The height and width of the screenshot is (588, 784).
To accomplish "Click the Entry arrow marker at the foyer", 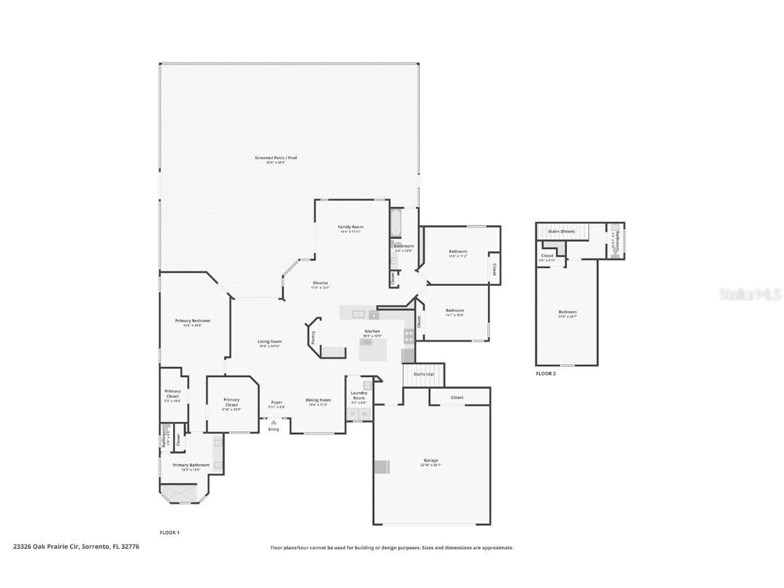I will click(274, 423).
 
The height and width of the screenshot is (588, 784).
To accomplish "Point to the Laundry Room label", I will click(359, 395).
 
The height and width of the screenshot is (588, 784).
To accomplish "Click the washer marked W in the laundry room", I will click(364, 413).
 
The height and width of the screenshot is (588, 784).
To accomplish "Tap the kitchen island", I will click(373, 350).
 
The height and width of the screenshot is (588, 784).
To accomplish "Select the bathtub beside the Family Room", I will click(396, 223).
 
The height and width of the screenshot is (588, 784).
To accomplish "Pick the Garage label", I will click(431, 461).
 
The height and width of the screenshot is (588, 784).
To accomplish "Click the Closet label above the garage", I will click(457, 397).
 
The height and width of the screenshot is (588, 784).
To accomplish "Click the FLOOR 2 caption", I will click(545, 374).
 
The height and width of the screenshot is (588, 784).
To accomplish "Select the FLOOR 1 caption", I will click(169, 532).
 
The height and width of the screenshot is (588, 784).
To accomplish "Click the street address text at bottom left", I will click(76, 546).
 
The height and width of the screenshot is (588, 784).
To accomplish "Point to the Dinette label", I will click(320, 282).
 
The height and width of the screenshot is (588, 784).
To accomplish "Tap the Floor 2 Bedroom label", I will click(567, 312).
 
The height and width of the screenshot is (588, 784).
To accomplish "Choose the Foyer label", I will click(276, 402).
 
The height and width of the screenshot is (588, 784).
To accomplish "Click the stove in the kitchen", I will click(408, 335).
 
